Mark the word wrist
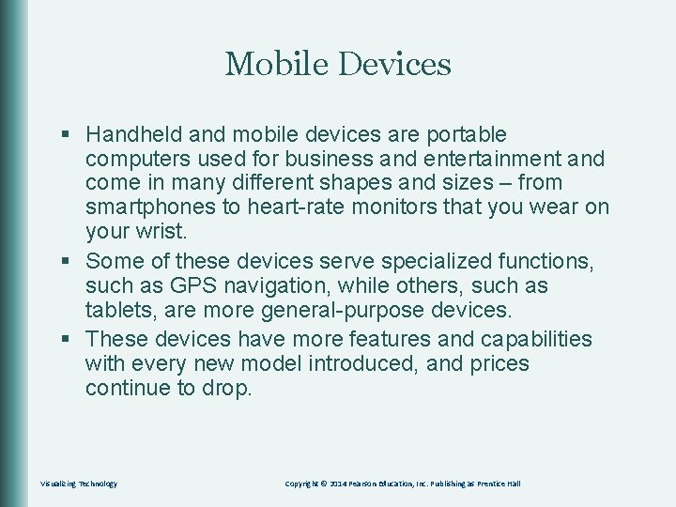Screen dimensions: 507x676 pyautogui.click(x=161, y=231)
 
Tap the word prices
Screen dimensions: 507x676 pyautogui.click(x=497, y=363)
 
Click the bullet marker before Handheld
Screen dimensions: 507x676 pyautogui.click(x=65, y=136)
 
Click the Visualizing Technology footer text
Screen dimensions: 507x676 pyautogui.click(x=79, y=484)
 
